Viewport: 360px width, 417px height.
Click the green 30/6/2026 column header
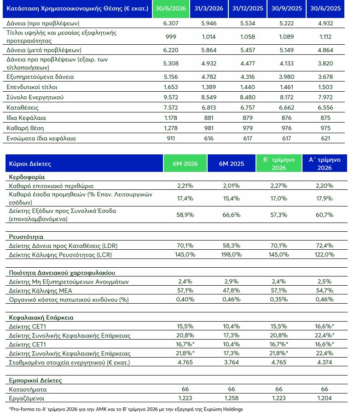click(x=171, y=8)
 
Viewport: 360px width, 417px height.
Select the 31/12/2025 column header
click(x=248, y=8)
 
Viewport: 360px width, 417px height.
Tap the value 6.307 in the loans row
click(x=171, y=23)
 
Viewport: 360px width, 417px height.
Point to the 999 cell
click(x=171, y=37)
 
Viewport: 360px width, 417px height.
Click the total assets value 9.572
click(x=171, y=97)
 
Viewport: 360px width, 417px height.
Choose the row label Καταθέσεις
click(x=22, y=108)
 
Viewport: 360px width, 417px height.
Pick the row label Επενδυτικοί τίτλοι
click(x=32, y=87)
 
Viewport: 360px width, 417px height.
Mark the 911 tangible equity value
click(x=171, y=138)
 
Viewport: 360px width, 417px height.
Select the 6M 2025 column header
click(x=232, y=164)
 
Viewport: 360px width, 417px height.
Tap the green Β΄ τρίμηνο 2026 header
click(x=279, y=164)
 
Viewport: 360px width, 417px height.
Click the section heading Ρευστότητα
click(x=26, y=237)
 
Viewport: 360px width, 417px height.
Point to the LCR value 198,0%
click(x=232, y=254)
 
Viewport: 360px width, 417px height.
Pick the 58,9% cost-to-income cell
click(x=185, y=215)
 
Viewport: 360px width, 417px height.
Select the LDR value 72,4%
click(x=325, y=246)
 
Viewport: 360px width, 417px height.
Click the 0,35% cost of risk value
click(x=279, y=300)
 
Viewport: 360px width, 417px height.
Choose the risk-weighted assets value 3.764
click(x=232, y=362)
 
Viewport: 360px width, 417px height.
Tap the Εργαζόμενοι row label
click(x=27, y=399)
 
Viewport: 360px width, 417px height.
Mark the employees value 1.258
click(x=232, y=398)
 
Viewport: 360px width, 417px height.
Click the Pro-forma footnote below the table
click(x=126, y=409)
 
